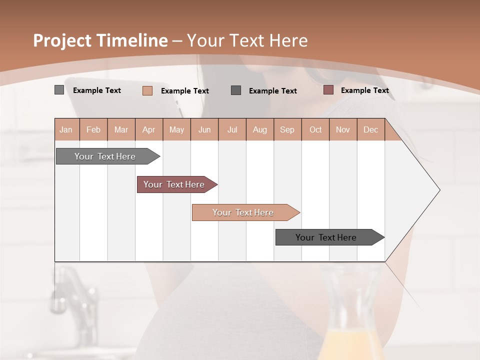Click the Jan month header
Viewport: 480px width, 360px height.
66,129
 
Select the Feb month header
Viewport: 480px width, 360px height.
93,129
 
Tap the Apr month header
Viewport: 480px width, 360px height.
149,129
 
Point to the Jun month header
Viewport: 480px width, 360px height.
204,129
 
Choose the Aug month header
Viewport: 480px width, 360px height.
260,129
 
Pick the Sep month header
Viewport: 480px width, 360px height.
287,129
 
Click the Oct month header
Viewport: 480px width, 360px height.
315,129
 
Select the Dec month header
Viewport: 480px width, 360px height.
371,129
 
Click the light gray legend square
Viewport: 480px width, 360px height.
59,90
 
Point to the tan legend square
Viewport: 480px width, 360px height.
147,90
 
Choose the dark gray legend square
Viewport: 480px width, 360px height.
236,90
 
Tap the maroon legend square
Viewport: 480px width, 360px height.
328,90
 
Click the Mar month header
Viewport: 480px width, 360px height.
121,129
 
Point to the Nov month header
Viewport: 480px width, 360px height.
343,129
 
